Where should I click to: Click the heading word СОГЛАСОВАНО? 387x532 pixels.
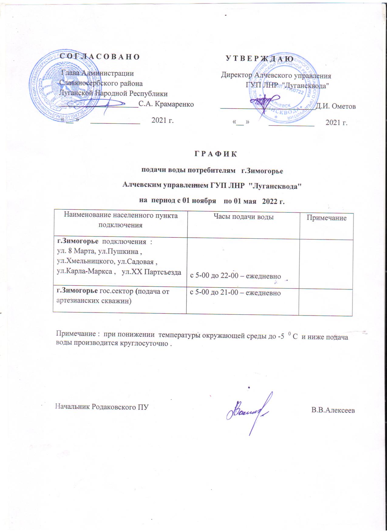pos(100,57)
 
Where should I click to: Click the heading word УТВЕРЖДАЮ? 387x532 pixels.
pos(260,58)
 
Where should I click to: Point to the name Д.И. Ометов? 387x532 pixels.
pos(336,106)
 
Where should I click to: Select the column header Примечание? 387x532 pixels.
pos(326,218)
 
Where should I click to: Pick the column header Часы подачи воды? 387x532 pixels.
pos(243,217)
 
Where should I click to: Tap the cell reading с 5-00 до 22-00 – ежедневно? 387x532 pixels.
pos(235,276)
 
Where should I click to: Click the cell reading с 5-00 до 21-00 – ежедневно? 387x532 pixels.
pos(235,293)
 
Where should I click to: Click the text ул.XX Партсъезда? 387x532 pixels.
pos(151,272)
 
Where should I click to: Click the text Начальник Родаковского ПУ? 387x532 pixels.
pos(102,407)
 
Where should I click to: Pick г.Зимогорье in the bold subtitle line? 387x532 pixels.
pos(262,171)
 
